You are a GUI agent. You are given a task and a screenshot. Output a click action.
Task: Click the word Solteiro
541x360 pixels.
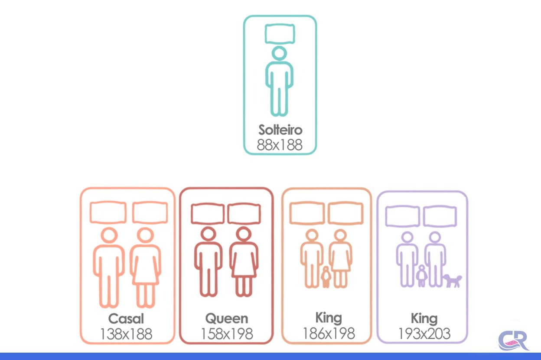[280, 130]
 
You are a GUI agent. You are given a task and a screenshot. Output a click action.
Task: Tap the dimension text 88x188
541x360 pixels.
[280, 145]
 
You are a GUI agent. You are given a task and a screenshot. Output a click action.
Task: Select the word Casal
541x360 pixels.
[126, 318]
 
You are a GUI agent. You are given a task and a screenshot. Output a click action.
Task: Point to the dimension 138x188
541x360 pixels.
[126, 334]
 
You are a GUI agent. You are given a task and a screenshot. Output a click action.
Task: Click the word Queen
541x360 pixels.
[227, 318]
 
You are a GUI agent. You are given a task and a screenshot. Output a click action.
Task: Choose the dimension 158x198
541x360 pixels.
[227, 334]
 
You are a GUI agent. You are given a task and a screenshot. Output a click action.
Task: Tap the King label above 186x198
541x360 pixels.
[329, 318]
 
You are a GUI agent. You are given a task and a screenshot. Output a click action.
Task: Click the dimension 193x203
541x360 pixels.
[424, 334]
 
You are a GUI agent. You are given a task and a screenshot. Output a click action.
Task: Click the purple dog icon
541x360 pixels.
[453, 280]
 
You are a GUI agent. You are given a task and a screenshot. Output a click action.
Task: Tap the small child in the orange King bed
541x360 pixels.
[326, 277]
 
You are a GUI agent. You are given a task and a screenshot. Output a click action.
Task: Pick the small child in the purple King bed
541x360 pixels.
[421, 276]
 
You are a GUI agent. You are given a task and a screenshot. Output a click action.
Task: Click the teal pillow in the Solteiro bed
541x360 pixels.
[280, 34]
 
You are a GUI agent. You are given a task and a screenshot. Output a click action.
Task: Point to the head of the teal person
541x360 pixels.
[280, 53]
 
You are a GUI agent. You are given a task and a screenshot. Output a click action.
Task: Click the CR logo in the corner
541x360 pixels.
[513, 340]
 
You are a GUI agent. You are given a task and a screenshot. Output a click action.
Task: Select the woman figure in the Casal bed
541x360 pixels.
[145, 268]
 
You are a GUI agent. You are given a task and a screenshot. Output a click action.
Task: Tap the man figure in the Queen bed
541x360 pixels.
[208, 262]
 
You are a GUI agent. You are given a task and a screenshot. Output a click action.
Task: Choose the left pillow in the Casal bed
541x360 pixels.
[108, 212]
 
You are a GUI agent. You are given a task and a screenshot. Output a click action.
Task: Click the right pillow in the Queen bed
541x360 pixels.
[244, 214]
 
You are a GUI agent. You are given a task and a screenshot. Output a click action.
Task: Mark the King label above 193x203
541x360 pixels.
[424, 319]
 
